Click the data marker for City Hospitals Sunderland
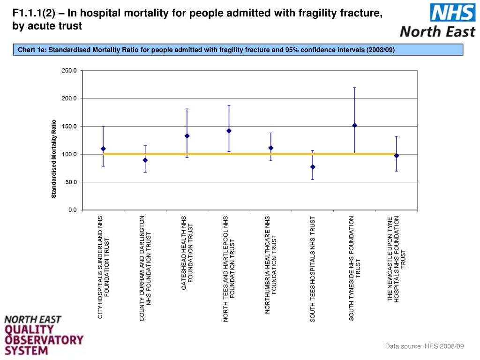pos(103,149)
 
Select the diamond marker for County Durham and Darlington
pos(145,160)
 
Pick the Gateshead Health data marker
pos(187,136)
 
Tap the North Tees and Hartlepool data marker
pos(229,131)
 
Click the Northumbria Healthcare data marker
pos(271,148)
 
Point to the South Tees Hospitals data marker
pos(313,167)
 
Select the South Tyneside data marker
pos(354,125)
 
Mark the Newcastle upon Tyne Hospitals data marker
pos(397,156)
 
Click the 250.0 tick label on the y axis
pos(69,71)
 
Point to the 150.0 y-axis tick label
pos(69,127)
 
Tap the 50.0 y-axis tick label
pos(71,182)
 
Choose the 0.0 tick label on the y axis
pos(72,210)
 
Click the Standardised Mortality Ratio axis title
pos(54,158)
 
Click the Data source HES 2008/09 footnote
pos(424,346)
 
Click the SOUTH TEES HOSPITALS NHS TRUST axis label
pos(313,269)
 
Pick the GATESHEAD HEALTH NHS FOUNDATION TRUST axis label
pos(187,253)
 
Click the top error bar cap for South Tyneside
pos(354,88)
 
